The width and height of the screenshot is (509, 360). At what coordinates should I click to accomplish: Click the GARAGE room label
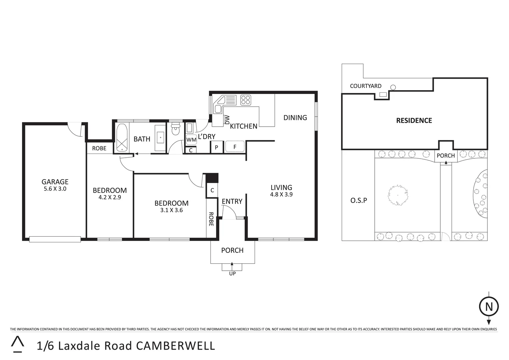55,182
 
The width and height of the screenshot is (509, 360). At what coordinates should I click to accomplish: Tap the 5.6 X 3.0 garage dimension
55,189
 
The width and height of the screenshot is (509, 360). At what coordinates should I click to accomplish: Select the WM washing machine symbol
191,140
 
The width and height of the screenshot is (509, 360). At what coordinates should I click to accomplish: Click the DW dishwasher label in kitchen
227,120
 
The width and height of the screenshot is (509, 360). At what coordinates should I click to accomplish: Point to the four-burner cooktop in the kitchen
246,100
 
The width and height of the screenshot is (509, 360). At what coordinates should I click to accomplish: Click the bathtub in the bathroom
122,138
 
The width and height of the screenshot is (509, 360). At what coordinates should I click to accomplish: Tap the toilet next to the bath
175,129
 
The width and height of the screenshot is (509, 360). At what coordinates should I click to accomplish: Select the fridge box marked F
235,147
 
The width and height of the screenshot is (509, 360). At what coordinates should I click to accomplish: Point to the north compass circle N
489,306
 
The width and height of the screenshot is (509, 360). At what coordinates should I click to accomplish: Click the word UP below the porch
232,274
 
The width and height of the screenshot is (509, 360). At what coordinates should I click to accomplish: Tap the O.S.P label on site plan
359,201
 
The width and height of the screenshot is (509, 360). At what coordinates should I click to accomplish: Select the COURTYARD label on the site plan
366,86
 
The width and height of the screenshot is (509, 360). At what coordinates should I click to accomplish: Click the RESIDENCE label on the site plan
414,121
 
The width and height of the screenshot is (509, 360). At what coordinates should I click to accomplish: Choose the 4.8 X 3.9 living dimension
281,194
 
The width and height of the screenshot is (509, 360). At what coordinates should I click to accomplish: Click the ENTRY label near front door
232,201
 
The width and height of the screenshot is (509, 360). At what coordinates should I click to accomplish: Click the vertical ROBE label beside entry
211,219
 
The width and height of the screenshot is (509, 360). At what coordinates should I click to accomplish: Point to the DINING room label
295,117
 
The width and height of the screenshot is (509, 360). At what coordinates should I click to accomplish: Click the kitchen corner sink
219,106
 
